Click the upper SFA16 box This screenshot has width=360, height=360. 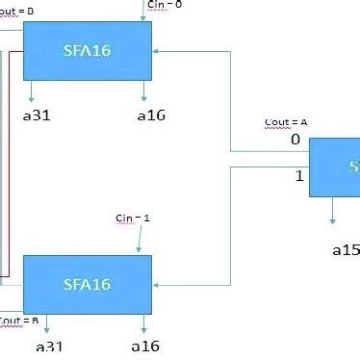click(x=88, y=51)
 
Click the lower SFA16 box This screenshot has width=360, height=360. click(x=88, y=284)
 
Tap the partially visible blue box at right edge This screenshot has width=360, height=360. click(x=335, y=167)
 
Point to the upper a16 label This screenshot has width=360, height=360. click(x=151, y=116)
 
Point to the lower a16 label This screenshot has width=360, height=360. click(x=144, y=347)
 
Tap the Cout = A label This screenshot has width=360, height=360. click(x=286, y=123)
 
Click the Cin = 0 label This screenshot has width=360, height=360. click(x=164, y=5)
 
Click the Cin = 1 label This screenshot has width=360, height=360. click(x=133, y=219)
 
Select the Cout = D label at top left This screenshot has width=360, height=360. click(x=16, y=10)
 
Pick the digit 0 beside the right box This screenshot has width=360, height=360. click(x=296, y=140)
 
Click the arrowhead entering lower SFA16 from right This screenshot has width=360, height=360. click(x=157, y=285)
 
